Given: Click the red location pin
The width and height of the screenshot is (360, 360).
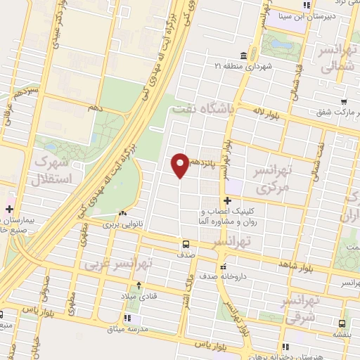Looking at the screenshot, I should pyautogui.click(x=180, y=165).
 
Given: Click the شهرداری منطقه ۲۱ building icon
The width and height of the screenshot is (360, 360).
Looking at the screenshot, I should pyautogui.click(x=244, y=56).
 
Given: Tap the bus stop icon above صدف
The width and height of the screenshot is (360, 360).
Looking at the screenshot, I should pyautogui.click(x=186, y=245).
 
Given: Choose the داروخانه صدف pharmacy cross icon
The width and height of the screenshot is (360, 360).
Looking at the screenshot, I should pyautogui.click(x=223, y=267).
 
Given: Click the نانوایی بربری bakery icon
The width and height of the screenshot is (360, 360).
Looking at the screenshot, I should pyautogui.click(x=124, y=213).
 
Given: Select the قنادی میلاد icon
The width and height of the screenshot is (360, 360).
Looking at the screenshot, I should pyautogui.click(x=139, y=285).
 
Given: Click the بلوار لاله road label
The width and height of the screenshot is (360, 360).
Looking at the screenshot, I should pyautogui.click(x=271, y=113).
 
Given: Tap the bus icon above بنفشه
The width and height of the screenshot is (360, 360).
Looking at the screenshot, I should pyautogui.click(x=341, y=324).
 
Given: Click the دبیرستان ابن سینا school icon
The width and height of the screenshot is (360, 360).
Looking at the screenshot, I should pyautogui.click(x=306, y=6).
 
